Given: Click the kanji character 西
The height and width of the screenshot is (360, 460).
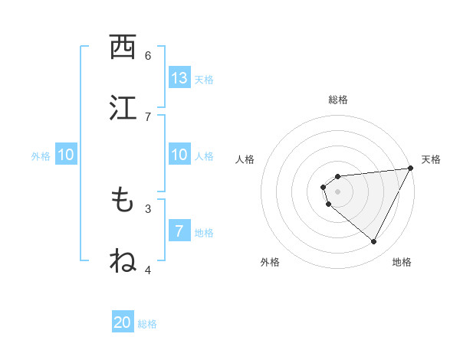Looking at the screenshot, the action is pyautogui.click(x=123, y=48).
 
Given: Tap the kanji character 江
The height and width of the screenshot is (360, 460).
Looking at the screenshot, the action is pyautogui.click(x=123, y=107).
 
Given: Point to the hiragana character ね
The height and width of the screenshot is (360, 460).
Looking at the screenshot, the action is pyautogui.click(x=123, y=260).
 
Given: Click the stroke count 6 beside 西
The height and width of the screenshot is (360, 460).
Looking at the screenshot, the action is pyautogui.click(x=148, y=55).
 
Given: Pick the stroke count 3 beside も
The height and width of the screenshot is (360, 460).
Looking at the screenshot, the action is pyautogui.click(x=148, y=208).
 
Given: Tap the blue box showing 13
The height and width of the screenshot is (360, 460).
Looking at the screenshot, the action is pyautogui.click(x=179, y=78).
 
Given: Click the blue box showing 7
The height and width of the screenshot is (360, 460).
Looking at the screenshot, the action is pyautogui.click(x=179, y=231).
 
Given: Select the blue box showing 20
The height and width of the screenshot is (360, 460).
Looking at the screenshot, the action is pyautogui.click(x=123, y=322).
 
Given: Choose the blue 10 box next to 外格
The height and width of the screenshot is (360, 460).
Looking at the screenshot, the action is pyautogui.click(x=65, y=155).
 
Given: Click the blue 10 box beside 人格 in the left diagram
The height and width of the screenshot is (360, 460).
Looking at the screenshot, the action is pyautogui.click(x=179, y=155).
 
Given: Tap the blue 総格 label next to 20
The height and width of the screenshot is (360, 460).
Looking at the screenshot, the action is pyautogui.click(x=147, y=324).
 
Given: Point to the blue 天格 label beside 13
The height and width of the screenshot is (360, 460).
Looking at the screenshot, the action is pyautogui.click(x=204, y=80).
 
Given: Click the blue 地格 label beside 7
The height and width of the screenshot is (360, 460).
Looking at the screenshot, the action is pyautogui.click(x=204, y=233).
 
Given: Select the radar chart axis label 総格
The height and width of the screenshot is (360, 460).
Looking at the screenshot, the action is pyautogui.click(x=338, y=100).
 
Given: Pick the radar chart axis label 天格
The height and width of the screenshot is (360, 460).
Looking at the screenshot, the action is pyautogui.click(x=431, y=159).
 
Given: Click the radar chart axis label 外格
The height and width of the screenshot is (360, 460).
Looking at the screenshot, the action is pyautogui.click(x=270, y=262).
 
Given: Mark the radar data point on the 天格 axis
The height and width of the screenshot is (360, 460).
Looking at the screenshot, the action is pyautogui.click(x=410, y=168).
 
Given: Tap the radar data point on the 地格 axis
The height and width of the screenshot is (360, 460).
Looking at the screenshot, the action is pyautogui.click(x=373, y=241).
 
